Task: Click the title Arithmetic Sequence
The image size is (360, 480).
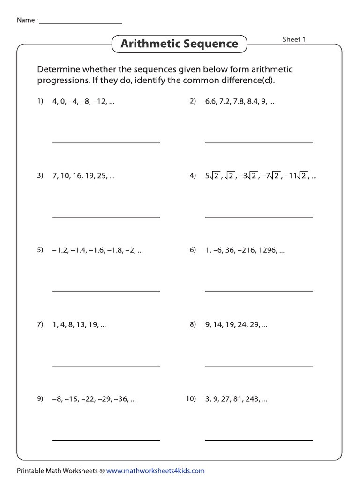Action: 180,44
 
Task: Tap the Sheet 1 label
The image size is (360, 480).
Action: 294,39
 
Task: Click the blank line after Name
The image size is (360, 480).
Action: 81,23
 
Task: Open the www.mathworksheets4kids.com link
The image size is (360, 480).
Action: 155,471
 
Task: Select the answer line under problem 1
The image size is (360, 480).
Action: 106,142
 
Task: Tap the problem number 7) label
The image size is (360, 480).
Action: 40,324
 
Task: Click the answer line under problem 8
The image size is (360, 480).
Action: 259,366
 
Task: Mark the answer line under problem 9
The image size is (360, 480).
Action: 106,440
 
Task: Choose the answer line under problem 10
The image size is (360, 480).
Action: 259,440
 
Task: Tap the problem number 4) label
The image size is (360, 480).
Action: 193,176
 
